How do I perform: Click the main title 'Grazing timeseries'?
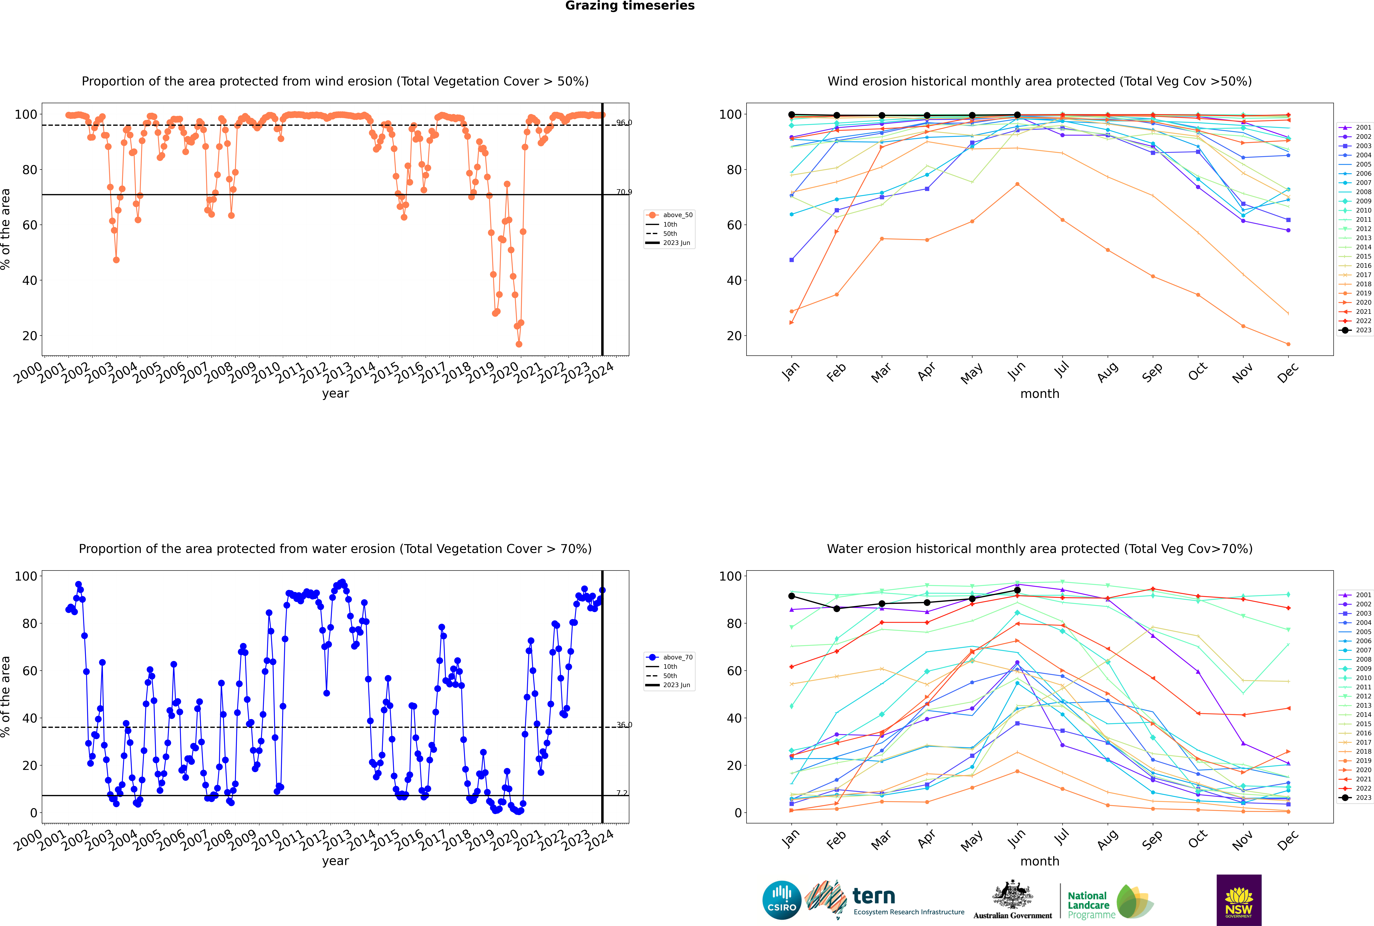630,6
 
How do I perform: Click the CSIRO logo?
781,900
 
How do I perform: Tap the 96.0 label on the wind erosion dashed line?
624,123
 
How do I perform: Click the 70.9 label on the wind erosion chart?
624,192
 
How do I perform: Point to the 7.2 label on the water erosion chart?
622,793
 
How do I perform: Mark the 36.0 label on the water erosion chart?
624,725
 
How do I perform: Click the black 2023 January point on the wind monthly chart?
792,115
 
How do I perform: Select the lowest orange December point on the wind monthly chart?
1288,344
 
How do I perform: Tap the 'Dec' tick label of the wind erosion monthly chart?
1288,373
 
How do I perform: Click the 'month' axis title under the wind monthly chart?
1040,394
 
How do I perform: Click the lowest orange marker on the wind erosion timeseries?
519,344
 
